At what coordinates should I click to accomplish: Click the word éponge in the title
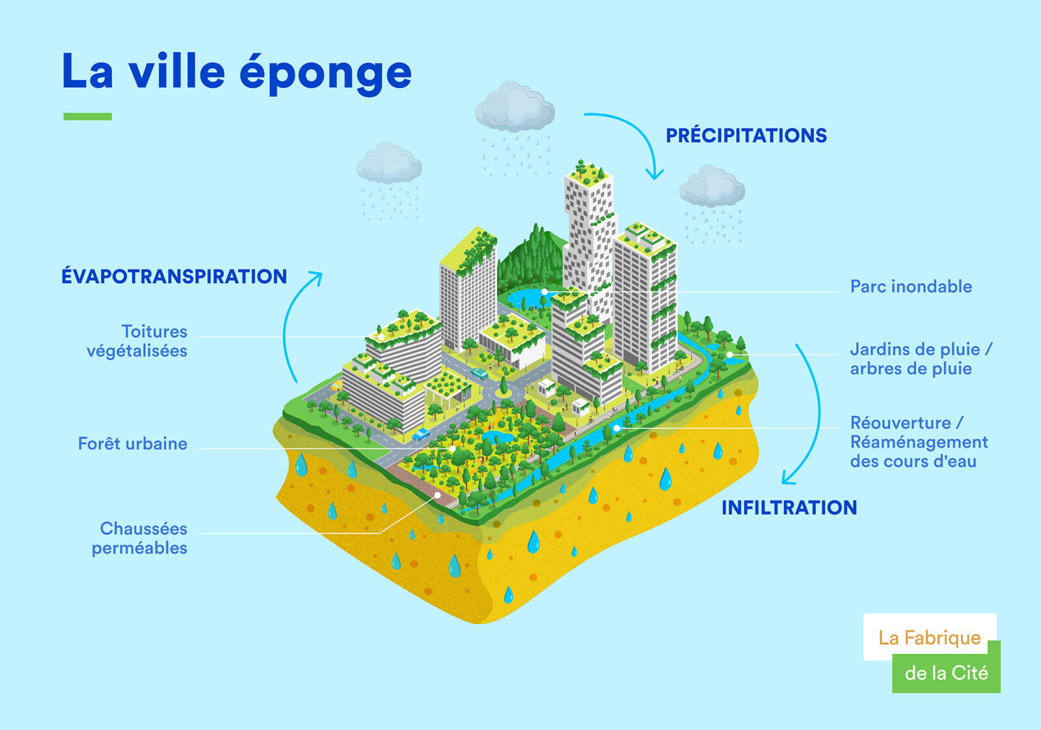pyautogui.click(x=325, y=74)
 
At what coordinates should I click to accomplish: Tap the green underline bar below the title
pyautogui.click(x=88, y=116)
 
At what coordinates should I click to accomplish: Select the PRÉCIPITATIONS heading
pyautogui.click(x=746, y=135)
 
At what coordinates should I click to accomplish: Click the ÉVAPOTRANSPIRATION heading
pyautogui.click(x=174, y=276)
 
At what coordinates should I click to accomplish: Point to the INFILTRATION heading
pyautogui.click(x=789, y=507)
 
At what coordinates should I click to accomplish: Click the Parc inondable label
pyautogui.click(x=911, y=286)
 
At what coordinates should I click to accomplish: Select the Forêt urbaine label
pyautogui.click(x=133, y=443)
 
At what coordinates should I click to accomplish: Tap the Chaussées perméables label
pyautogui.click(x=139, y=538)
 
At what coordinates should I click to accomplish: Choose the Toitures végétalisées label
pyautogui.click(x=137, y=341)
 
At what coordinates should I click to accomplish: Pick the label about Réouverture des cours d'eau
pyautogui.click(x=919, y=442)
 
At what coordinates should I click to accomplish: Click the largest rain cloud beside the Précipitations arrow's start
pyautogui.click(x=515, y=107)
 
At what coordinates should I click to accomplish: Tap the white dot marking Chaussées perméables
pyautogui.click(x=437, y=495)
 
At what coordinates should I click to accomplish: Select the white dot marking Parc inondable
pyautogui.click(x=544, y=292)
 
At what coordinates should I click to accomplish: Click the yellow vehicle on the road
pyautogui.click(x=336, y=386)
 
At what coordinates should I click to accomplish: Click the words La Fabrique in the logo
pyautogui.click(x=930, y=638)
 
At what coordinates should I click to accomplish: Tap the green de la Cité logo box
pyautogui.click(x=946, y=673)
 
